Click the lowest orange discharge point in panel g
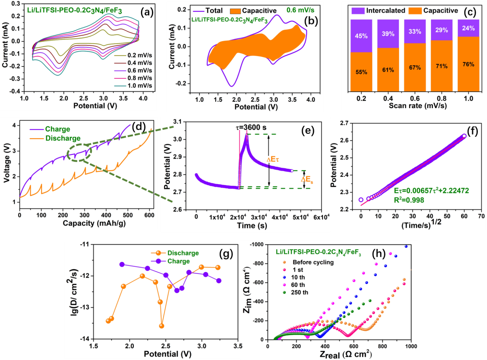point(162,325)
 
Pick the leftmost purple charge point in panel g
point(122,264)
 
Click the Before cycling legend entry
point(307,262)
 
